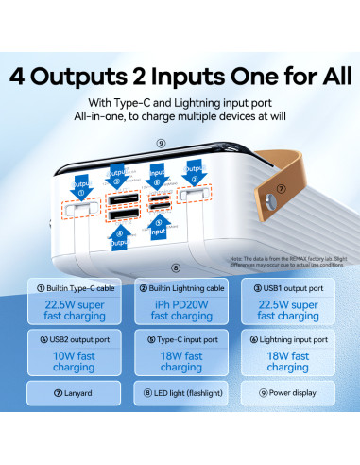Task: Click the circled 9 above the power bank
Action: click(162, 144)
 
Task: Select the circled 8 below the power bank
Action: click(175, 243)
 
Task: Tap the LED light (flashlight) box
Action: click(180, 391)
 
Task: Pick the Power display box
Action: click(287, 391)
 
